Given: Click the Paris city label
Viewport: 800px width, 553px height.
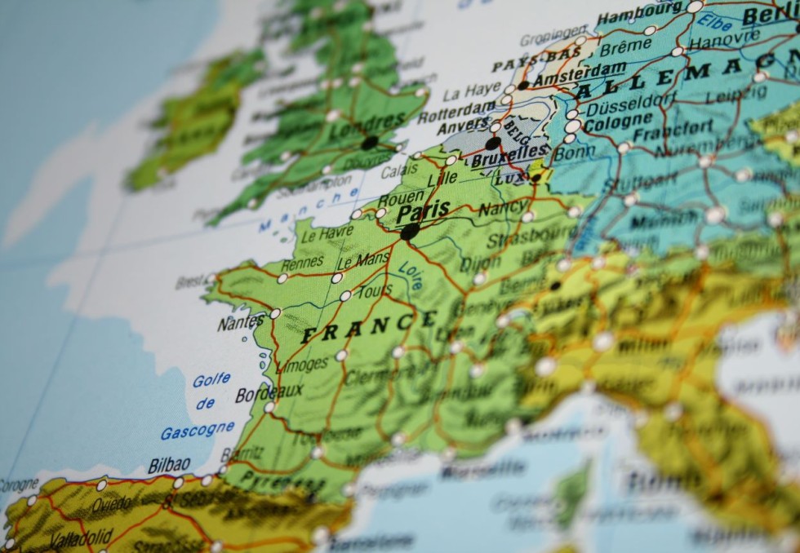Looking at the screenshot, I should [423, 211].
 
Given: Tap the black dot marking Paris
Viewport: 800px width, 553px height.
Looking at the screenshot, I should [410, 232].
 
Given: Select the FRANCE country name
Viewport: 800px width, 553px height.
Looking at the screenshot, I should [369, 327].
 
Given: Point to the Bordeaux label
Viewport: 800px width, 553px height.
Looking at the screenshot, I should [269, 393].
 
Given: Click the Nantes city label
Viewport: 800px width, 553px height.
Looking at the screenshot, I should [240, 323].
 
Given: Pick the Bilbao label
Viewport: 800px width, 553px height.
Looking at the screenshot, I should [169, 466].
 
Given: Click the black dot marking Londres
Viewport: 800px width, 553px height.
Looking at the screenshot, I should [369, 143].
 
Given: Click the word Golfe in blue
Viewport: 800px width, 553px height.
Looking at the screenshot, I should [211, 380].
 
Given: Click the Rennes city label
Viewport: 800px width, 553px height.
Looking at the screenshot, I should [302, 264].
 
